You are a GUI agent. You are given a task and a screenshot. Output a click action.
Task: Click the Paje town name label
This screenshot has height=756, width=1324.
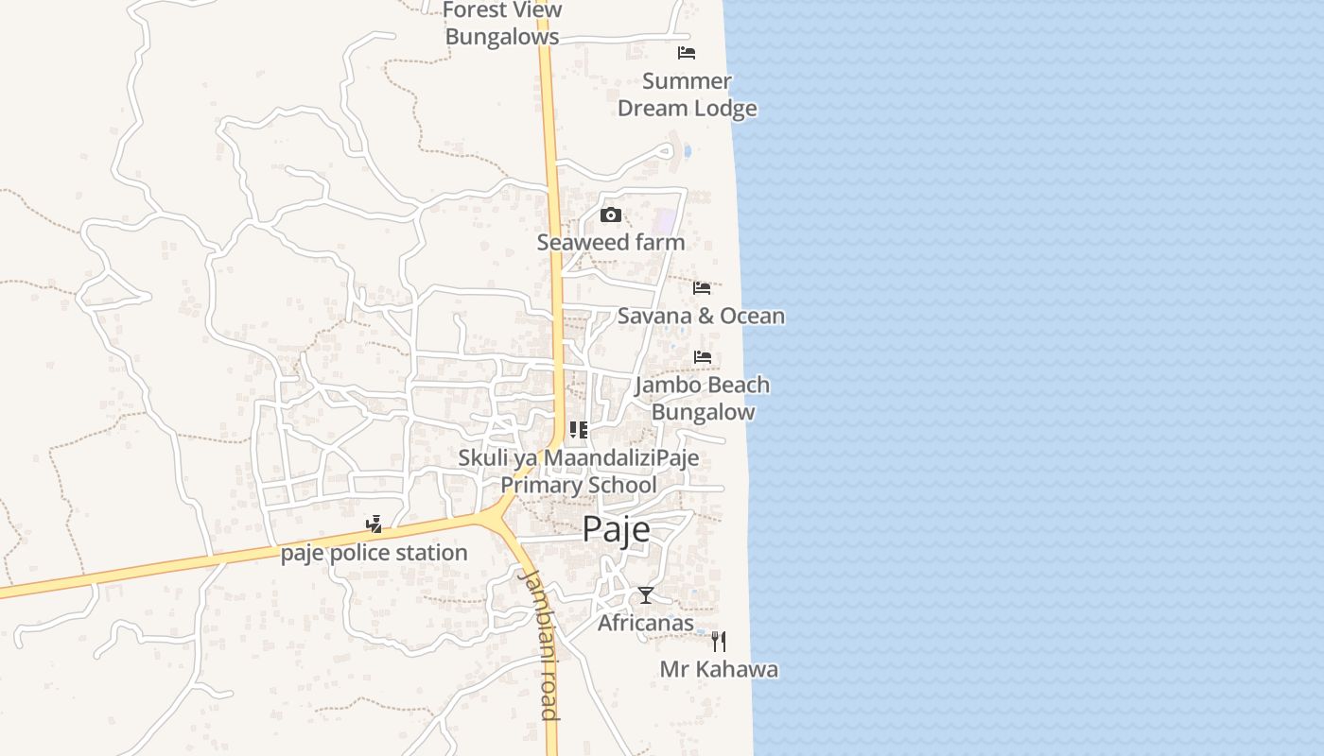tap(616, 529)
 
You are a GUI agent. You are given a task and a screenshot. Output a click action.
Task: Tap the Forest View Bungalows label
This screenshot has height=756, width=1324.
tap(502, 24)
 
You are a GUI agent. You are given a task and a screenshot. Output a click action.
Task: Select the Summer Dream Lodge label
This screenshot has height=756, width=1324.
tap(688, 94)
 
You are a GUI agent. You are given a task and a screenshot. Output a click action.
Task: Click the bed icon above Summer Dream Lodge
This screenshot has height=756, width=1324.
tap(687, 53)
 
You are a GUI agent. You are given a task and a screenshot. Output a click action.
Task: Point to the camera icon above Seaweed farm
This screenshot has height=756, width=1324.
tap(611, 215)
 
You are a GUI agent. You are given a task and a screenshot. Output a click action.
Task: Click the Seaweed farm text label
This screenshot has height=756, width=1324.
tap(611, 243)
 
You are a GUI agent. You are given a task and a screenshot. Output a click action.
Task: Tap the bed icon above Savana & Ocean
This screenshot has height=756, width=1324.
tap(702, 287)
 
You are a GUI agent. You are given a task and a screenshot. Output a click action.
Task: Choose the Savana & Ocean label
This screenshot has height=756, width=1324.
tap(701, 316)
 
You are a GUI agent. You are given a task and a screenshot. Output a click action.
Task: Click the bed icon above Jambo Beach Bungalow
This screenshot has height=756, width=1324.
tap(702, 357)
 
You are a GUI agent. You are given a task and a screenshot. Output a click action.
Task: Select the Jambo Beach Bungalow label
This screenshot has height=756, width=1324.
tap(703, 398)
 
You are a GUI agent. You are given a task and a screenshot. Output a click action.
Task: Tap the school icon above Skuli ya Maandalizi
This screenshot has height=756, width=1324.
tap(579, 431)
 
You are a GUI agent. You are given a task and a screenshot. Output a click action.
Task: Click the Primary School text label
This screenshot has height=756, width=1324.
tap(579, 486)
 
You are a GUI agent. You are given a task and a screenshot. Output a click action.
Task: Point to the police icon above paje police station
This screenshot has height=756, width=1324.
tap(375, 524)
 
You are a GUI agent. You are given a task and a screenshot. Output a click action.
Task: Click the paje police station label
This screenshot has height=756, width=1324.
tap(375, 553)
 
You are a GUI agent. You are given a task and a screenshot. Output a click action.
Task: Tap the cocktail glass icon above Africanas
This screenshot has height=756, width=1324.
tap(646, 595)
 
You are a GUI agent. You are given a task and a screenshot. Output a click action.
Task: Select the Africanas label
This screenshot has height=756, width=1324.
tap(646, 624)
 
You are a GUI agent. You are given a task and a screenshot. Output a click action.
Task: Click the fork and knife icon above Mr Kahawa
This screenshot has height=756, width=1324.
tap(719, 642)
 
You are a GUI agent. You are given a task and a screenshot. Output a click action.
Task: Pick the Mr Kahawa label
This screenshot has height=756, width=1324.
tap(719, 670)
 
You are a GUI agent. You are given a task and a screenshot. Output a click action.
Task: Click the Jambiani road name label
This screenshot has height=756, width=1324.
tap(540, 643)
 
